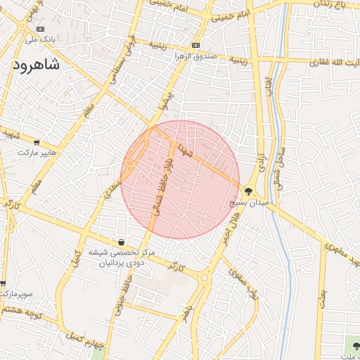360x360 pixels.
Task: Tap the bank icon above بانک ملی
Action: (40, 29)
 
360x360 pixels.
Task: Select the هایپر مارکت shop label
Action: (37, 152)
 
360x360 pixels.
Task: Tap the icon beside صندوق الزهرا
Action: (195, 46)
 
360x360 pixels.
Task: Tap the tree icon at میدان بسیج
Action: (248, 191)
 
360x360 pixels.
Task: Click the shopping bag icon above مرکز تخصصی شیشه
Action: (122, 242)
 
